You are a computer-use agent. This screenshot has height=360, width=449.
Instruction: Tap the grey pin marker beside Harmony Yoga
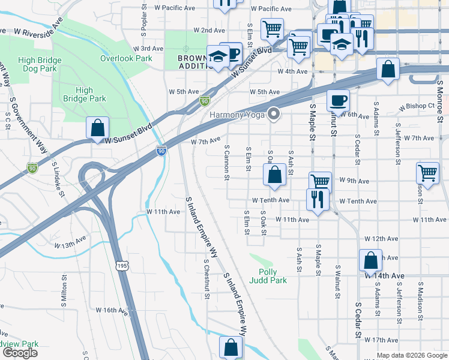click(275, 113)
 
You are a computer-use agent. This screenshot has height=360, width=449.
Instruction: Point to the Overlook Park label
click(126, 58)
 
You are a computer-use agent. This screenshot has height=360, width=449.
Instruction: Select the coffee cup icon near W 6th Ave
click(338, 100)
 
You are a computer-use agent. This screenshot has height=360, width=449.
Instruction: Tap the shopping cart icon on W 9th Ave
click(320, 181)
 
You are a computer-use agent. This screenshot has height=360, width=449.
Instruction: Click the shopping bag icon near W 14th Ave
click(370, 261)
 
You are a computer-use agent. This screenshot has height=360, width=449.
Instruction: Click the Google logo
click(20, 353)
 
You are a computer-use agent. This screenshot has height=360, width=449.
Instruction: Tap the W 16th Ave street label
click(112, 310)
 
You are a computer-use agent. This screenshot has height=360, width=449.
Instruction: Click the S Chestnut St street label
click(206, 278)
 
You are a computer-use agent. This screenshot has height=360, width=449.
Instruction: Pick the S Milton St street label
click(64, 291)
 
